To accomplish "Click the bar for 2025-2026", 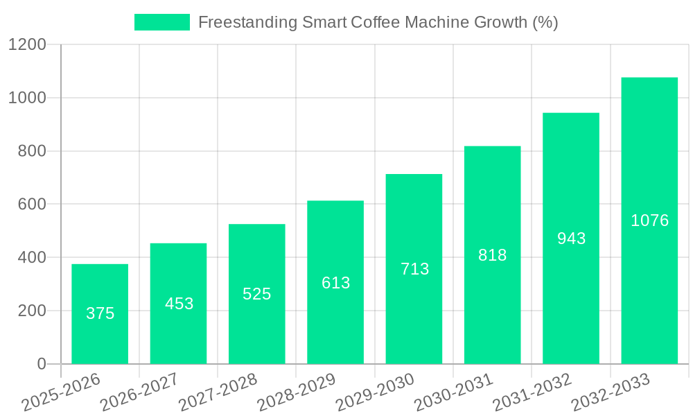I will [x=100, y=314].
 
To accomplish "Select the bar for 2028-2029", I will [x=335, y=282].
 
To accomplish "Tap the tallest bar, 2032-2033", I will [x=649, y=220].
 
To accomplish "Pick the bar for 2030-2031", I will [x=492, y=255].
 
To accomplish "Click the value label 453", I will [x=179, y=304].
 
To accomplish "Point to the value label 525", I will [x=257, y=294].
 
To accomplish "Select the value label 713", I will [x=415, y=269].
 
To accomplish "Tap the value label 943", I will [x=572, y=239].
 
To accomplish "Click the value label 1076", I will [x=650, y=220].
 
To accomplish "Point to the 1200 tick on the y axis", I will [x=27, y=45].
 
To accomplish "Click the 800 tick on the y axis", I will [x=33, y=151].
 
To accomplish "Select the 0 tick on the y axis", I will [x=41, y=364].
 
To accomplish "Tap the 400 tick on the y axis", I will [x=33, y=258].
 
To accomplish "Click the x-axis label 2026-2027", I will [x=139, y=393].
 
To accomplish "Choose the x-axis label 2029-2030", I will [x=375, y=393].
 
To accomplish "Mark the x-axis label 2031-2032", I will [x=532, y=393].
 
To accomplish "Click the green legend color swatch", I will [x=161, y=22].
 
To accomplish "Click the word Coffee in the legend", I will [x=375, y=22].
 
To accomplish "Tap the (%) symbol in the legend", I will [x=545, y=22].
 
